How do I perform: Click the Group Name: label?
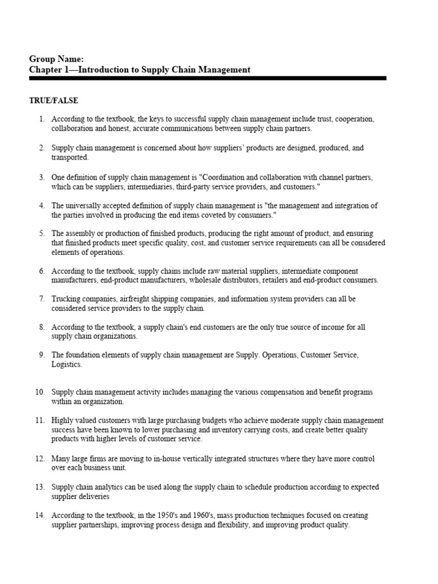tap(56, 59)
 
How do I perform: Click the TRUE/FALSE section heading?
tap(54, 100)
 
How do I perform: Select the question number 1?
tap(42, 119)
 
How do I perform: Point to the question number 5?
tap(42, 233)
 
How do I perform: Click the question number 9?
tap(42, 355)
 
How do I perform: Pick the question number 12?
tap(40, 459)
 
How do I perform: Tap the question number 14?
tap(40, 515)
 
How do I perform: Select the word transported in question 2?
tap(70, 157)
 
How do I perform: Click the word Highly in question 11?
tap(64, 420)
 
